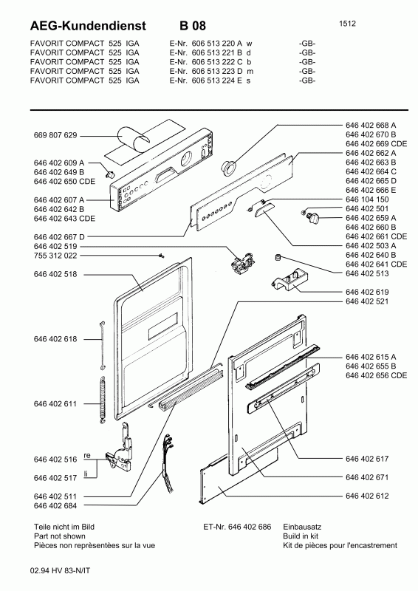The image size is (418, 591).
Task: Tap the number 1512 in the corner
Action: (349, 24)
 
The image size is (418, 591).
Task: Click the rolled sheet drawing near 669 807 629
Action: (133, 140)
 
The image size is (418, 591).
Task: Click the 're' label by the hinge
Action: (86, 456)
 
